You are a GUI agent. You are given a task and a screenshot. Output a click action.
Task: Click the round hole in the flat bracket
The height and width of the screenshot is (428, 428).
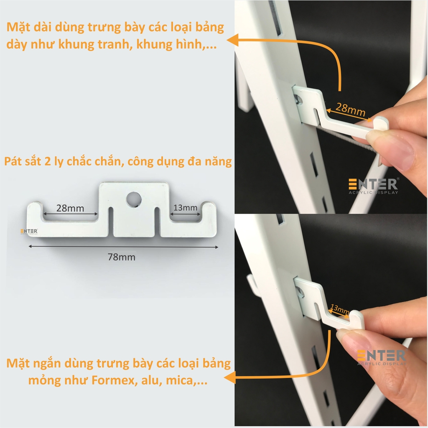pyautogui.click(x=134, y=199)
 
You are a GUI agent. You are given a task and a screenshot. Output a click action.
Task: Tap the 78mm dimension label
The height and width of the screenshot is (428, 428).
pyautogui.click(x=122, y=257)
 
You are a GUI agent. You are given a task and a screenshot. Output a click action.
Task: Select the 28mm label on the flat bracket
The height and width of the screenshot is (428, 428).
pyautogui.click(x=70, y=208)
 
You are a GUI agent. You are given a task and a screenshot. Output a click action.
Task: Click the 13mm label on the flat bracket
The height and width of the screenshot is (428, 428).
pyautogui.click(x=185, y=208)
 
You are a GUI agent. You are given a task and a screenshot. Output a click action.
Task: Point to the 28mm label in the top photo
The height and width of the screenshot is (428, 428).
pyautogui.click(x=351, y=109)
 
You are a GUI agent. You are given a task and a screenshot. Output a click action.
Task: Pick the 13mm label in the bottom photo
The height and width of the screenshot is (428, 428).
pyautogui.click(x=339, y=309)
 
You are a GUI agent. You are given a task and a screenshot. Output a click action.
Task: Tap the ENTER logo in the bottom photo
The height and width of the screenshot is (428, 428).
pyautogui.click(x=382, y=357)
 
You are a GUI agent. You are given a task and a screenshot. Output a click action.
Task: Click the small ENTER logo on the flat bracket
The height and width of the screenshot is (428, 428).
pyautogui.click(x=29, y=232)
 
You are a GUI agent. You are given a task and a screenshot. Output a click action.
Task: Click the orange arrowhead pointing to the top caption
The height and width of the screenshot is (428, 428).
pyautogui.click(x=232, y=40)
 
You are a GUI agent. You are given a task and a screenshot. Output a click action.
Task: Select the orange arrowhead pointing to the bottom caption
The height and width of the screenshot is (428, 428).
pyautogui.click(x=229, y=378)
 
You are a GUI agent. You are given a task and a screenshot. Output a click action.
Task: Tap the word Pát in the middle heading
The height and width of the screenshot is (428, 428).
pyautogui.click(x=13, y=161)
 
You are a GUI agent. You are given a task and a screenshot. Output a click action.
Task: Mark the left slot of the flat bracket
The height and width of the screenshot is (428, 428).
pyautogui.click(x=111, y=222)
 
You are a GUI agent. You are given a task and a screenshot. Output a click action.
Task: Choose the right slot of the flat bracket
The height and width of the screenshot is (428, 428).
pyautogui.click(x=157, y=222)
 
